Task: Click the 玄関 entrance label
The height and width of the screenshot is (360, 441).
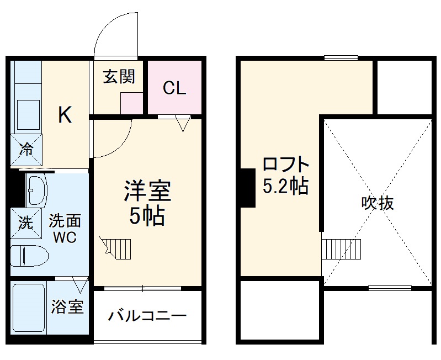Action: pos(119,77)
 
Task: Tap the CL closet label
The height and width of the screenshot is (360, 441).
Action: pos(174,88)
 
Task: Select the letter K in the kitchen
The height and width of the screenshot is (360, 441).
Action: pos(65,115)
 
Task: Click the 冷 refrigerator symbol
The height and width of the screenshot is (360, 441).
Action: pos(26,147)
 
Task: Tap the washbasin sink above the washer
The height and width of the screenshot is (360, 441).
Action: pos(36,190)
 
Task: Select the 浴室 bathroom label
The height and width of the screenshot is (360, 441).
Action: pos(67,307)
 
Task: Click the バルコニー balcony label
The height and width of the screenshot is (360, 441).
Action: pos(147,316)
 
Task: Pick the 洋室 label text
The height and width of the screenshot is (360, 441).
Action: pos(147,191)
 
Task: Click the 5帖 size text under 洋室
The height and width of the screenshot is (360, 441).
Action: pos(147,216)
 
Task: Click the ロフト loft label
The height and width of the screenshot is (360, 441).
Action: pos(285,165)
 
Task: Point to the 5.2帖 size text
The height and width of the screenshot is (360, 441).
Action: pos(285,187)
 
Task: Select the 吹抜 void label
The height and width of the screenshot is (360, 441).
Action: pos(378,203)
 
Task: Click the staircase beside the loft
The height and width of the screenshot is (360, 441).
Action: pos(341,249)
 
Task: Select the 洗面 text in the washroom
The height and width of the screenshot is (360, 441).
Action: pos(65,222)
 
